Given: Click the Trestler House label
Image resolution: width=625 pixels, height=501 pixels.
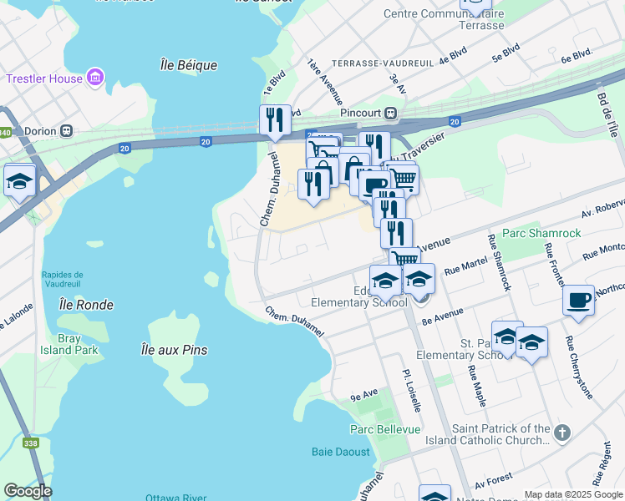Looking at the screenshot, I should tap(43, 79).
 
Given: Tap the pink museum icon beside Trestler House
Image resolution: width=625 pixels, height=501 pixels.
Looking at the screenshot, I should tap(95, 78).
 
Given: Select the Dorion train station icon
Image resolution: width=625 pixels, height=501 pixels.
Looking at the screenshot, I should tap(66, 131).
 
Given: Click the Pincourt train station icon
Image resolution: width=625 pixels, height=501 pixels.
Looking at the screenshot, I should tap(389, 114).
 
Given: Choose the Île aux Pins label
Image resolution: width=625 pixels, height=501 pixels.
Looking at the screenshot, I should tap(174, 350).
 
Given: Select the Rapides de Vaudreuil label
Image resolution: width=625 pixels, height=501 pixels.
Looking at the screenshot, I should tap(63, 280).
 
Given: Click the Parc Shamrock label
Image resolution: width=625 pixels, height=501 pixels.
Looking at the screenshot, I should tap(541, 233).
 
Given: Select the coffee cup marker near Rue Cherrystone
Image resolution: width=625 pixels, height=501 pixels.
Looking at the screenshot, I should tap(580, 301).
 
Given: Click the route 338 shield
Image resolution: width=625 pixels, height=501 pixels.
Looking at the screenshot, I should tap(31, 443).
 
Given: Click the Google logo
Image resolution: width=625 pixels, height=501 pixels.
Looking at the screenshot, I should tap(28, 491).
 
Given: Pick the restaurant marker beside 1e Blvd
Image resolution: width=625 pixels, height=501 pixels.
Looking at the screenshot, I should tap(275, 120).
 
